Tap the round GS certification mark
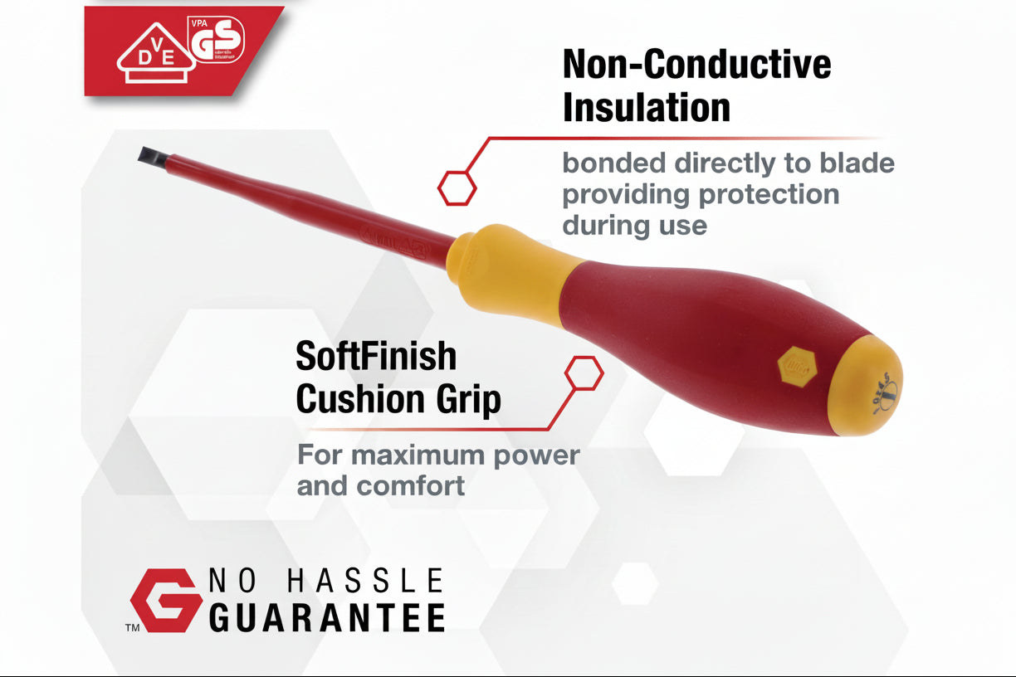[x=217, y=39]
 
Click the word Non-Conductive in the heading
[x=696, y=64]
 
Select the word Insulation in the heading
[x=646, y=107]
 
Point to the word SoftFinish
[x=376, y=357]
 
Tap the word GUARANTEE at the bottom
[x=326, y=617]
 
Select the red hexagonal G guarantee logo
[x=165, y=599]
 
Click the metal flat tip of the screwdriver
[x=149, y=155]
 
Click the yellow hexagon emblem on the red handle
[x=794, y=364]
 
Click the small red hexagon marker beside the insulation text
[x=457, y=188]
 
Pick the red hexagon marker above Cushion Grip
[x=584, y=373]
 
